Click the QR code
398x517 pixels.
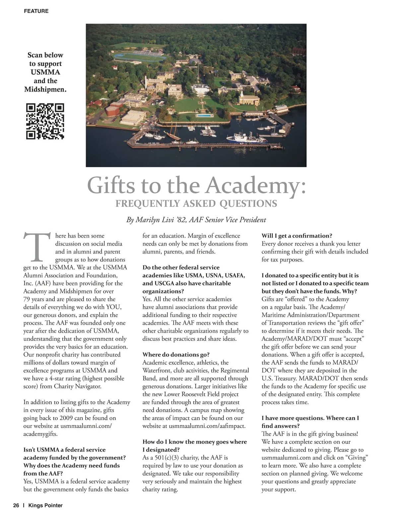45,121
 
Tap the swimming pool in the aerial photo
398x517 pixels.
204,115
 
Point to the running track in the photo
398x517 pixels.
140,55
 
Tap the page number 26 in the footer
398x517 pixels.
16,505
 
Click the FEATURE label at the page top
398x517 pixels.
36,11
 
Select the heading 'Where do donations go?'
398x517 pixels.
176,355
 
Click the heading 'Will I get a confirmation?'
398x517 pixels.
297,236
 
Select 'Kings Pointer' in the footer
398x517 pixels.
45,505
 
